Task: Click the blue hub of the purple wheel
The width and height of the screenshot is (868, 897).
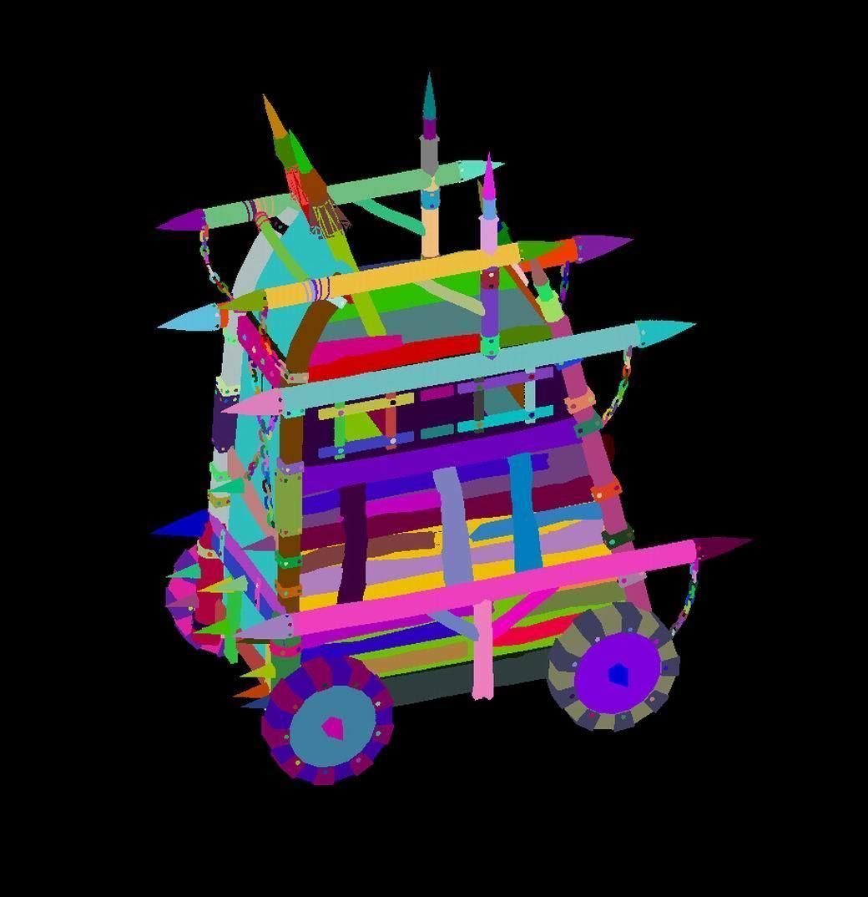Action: coord(618,673)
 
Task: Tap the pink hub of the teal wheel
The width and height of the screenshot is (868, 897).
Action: coord(333,728)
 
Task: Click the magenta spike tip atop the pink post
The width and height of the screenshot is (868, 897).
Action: coord(489,182)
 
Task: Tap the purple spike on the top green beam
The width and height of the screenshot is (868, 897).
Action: coord(179,221)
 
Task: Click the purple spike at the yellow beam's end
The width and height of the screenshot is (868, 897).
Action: coord(603,246)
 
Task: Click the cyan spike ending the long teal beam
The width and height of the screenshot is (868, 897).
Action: coord(668,330)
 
